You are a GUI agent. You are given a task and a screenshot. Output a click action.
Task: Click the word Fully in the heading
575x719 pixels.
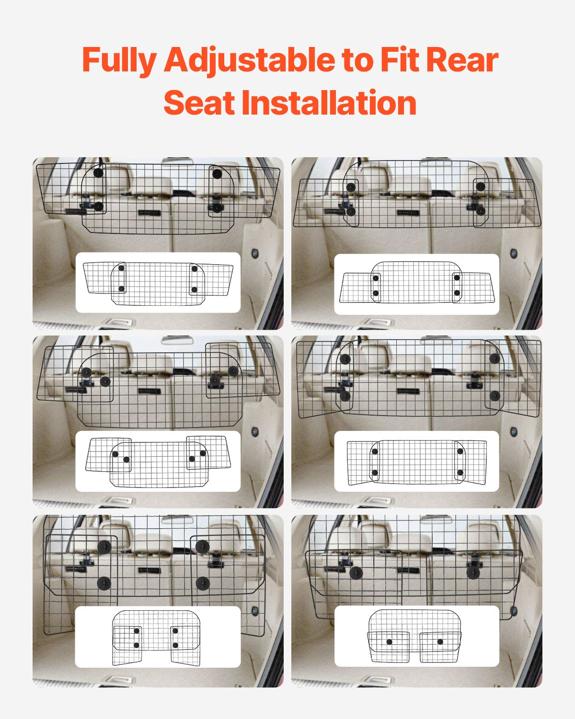(119, 60)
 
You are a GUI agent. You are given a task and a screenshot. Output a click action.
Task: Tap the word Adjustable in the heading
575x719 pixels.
(249, 60)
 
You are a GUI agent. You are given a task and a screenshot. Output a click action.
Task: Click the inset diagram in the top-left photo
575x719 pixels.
(158, 283)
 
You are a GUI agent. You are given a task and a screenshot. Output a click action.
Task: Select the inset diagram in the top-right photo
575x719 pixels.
(416, 284)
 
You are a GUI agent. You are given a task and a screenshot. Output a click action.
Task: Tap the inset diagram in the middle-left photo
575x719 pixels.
(158, 461)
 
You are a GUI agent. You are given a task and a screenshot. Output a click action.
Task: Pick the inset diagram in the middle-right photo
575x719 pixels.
(416, 461)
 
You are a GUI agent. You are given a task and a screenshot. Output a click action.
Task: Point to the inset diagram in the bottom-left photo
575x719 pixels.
(158, 637)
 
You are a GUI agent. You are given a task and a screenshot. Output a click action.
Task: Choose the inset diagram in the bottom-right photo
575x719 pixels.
(416, 636)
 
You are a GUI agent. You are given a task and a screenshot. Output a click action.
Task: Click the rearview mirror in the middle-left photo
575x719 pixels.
(177, 340)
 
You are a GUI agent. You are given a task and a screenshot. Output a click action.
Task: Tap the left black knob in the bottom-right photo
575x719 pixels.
(356, 573)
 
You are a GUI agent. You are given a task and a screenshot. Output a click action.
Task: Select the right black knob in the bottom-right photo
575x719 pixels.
(473, 572)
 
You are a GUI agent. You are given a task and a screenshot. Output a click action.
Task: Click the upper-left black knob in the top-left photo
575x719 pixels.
(98, 173)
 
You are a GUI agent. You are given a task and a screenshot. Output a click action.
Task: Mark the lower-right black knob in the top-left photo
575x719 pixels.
(217, 208)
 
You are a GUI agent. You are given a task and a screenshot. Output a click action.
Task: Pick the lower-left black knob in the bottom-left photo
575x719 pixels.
(104, 583)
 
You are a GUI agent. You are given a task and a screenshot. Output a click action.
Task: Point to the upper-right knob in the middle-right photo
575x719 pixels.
(494, 359)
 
